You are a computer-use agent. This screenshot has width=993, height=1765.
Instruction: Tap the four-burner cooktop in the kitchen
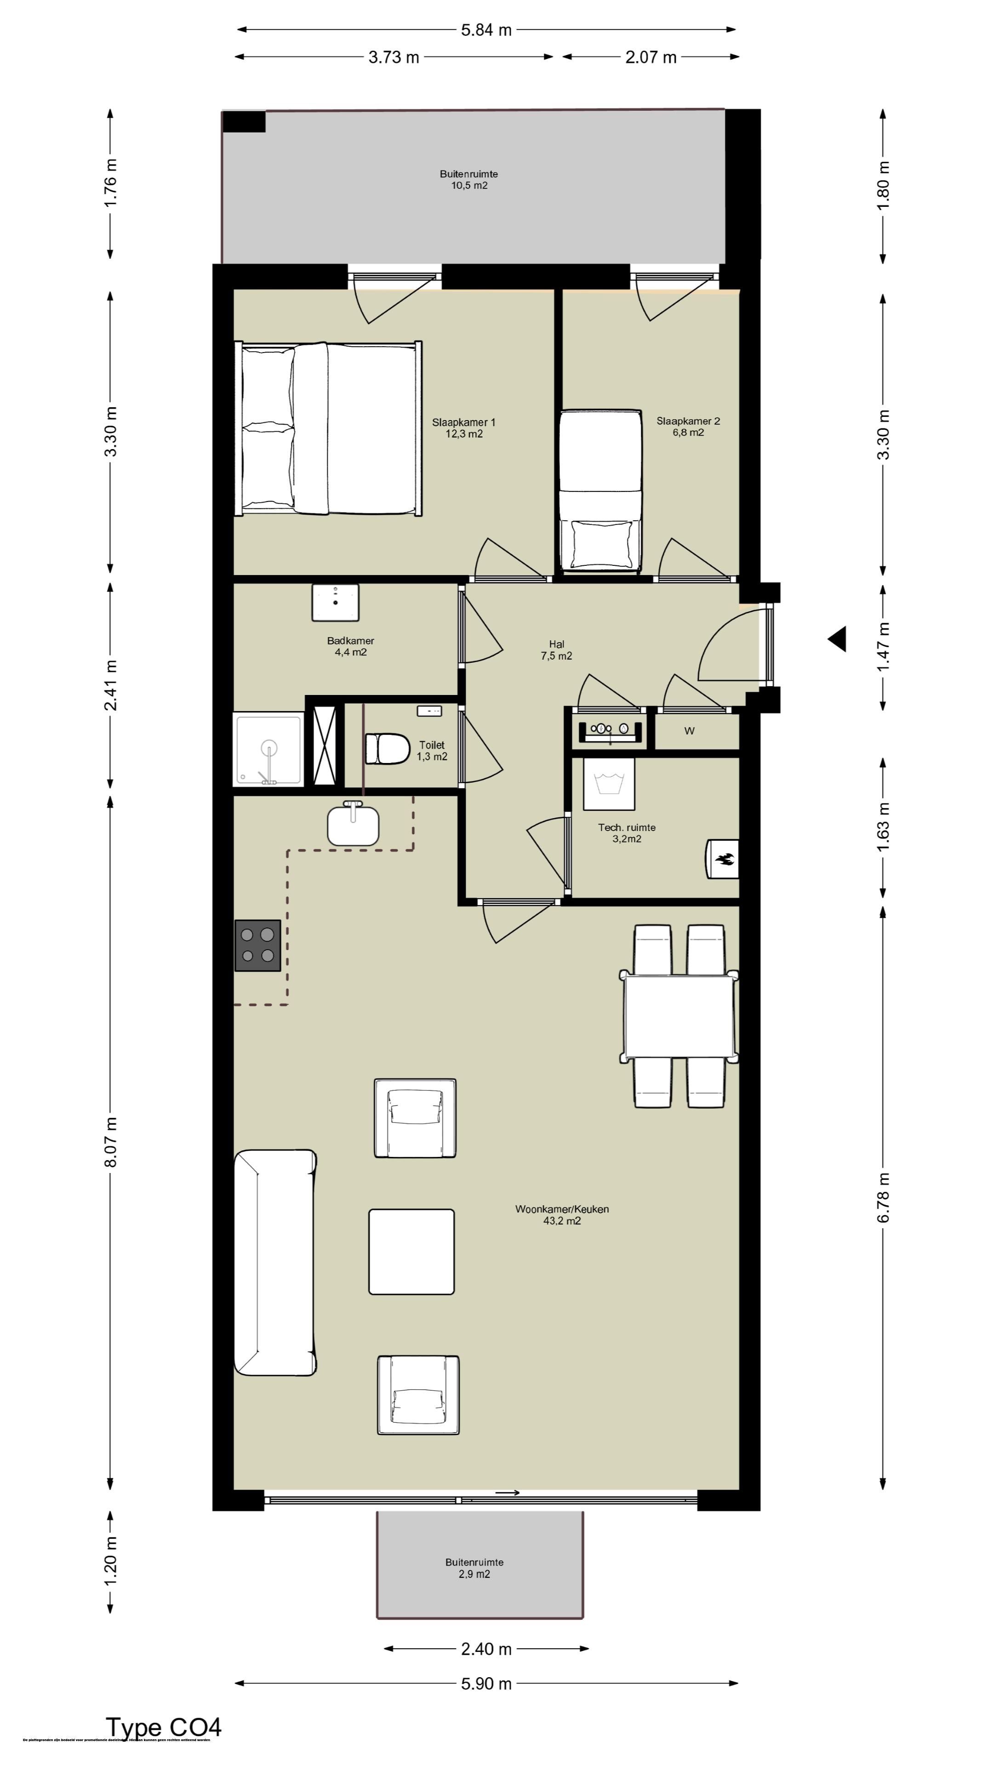[x=257, y=945]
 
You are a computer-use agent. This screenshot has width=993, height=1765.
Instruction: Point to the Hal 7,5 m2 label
[x=556, y=649]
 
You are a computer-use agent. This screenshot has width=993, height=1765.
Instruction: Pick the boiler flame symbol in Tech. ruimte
[x=724, y=859]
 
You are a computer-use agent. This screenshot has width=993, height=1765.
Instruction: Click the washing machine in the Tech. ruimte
[x=609, y=783]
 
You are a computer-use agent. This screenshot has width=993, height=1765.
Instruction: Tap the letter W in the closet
[x=690, y=731]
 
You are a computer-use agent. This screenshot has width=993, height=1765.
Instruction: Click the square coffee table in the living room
[x=411, y=1252]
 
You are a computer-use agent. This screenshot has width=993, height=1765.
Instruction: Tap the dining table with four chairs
[x=679, y=1017]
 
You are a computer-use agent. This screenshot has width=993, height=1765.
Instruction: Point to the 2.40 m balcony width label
[x=486, y=1649]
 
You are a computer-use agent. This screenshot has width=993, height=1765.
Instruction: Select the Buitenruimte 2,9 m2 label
[x=474, y=1568]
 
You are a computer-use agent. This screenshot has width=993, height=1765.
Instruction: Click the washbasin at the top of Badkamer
[x=335, y=602]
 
